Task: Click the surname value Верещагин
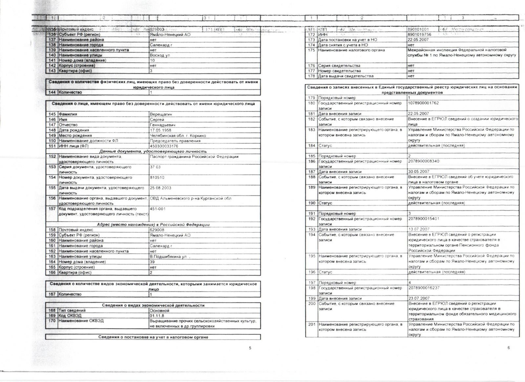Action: click(x=161, y=114)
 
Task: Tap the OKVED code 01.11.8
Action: click(x=157, y=315)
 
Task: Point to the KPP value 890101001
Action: click(x=418, y=29)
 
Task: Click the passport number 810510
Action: click(x=157, y=178)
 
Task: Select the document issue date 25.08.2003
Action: click(x=160, y=188)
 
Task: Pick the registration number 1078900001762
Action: click(x=424, y=103)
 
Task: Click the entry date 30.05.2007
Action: click(x=419, y=172)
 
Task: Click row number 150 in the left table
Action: click(x=52, y=141)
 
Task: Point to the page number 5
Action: click(x=250, y=348)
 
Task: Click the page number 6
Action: click(x=509, y=348)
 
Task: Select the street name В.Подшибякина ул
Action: click(x=168, y=257)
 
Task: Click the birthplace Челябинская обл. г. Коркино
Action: click(x=178, y=135)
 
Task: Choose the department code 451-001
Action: click(x=157, y=209)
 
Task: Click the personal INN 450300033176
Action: click(x=164, y=146)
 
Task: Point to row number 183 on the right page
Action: click(x=312, y=130)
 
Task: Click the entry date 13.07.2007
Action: click(x=419, y=229)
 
